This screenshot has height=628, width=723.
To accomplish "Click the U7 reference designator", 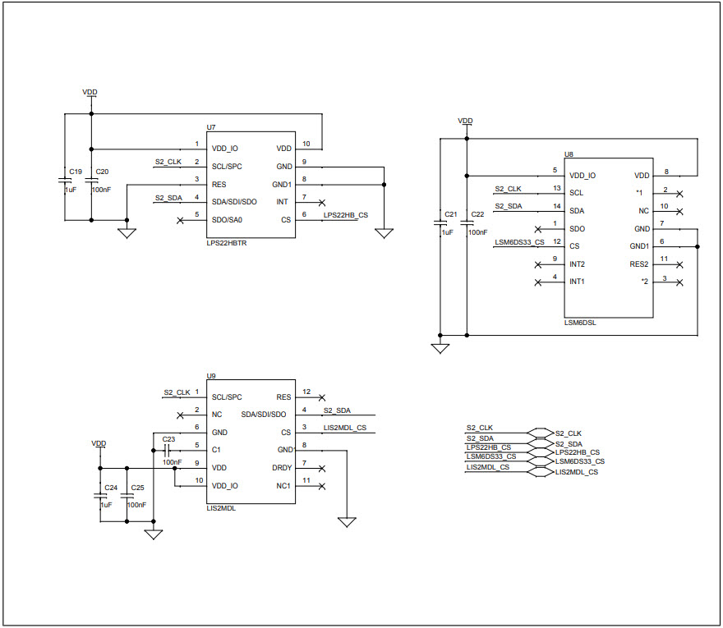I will click(211, 127).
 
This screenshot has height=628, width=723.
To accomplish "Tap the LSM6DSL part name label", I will click(580, 323).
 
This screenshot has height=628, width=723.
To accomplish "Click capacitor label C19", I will click(76, 172).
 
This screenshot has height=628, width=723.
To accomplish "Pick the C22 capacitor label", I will click(478, 214).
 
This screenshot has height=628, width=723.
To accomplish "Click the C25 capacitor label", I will click(137, 488).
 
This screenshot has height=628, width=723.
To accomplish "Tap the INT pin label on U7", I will click(283, 202).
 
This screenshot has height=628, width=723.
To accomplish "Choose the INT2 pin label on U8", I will click(577, 264).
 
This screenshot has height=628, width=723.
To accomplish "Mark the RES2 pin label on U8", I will click(639, 264).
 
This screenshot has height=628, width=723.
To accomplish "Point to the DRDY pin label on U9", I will click(282, 468).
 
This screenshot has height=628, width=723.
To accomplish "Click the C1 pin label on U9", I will click(216, 450).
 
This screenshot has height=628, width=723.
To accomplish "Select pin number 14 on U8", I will click(557, 206).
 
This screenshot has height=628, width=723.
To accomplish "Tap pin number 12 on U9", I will click(306, 392).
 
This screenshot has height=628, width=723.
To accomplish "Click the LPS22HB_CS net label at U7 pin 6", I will click(345, 215).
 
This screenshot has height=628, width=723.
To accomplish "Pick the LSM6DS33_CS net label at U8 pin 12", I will click(519, 242).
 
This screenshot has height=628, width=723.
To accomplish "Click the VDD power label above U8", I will click(465, 121).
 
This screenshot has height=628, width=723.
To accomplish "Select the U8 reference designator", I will click(569, 154).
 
